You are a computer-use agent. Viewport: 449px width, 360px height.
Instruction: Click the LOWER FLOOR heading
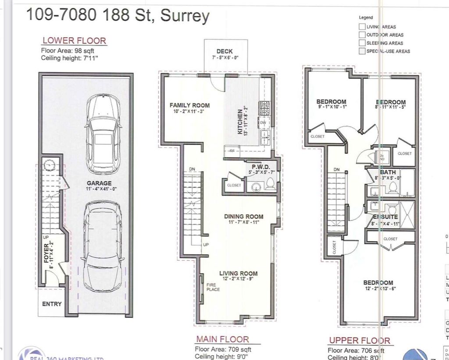74,41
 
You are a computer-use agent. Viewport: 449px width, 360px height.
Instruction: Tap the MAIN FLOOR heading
222,339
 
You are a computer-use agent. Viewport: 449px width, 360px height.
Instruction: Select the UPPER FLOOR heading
359,340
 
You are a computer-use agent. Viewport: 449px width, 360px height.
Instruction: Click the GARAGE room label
99,183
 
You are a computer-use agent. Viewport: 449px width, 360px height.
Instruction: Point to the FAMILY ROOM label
189,105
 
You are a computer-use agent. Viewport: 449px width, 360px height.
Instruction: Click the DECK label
224,51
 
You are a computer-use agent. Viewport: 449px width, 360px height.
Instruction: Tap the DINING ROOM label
244,216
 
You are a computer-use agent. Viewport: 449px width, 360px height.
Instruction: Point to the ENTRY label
52,304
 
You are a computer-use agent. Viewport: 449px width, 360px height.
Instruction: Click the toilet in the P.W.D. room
271,185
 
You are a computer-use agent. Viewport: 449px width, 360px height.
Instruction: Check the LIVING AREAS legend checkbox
362,27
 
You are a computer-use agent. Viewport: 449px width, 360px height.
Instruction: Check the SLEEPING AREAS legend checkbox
362,43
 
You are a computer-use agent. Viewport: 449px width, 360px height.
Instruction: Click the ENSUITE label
385,217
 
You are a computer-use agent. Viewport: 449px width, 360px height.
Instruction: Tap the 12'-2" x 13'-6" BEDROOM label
378,283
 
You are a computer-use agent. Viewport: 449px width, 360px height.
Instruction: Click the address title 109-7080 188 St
118,15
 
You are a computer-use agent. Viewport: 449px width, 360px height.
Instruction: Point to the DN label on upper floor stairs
336,169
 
